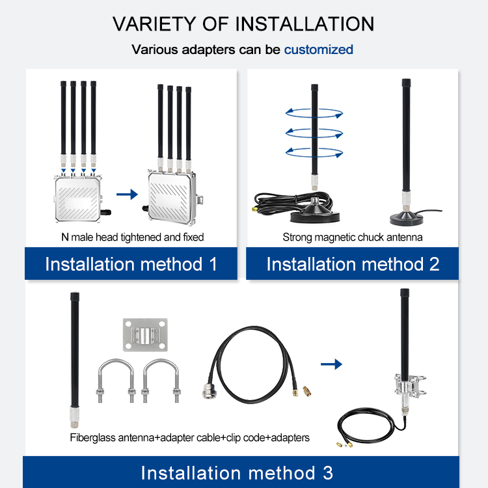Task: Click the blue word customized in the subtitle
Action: click(x=318, y=50)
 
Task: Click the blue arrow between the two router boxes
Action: click(x=127, y=195)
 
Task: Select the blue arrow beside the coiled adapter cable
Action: click(x=331, y=364)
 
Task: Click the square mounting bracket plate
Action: click(x=145, y=335)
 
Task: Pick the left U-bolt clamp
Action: click(x=116, y=381)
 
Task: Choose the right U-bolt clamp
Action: click(x=161, y=381)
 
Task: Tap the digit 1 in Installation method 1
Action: click(x=213, y=264)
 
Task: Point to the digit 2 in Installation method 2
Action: click(x=434, y=264)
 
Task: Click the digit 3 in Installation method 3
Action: click(x=328, y=473)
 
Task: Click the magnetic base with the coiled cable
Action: click(x=315, y=211)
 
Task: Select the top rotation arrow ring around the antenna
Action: click(x=314, y=113)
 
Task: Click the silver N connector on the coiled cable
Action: click(x=208, y=390)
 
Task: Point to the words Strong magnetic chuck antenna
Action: click(x=353, y=237)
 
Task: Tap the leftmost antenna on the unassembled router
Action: click(x=64, y=124)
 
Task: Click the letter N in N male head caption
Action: click(x=64, y=237)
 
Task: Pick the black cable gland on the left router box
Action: click(x=106, y=213)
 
